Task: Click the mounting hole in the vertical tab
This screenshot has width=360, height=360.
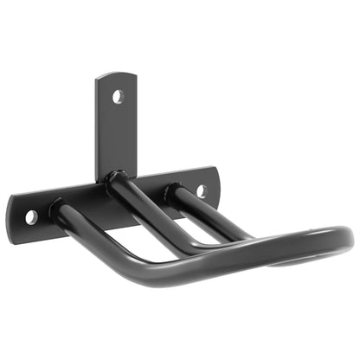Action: (x=118, y=96)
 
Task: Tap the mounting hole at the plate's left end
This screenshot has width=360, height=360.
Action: (x=31, y=215)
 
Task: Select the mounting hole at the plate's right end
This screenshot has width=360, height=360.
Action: (x=201, y=189)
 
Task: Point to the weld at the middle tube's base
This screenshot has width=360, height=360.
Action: (x=113, y=181)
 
